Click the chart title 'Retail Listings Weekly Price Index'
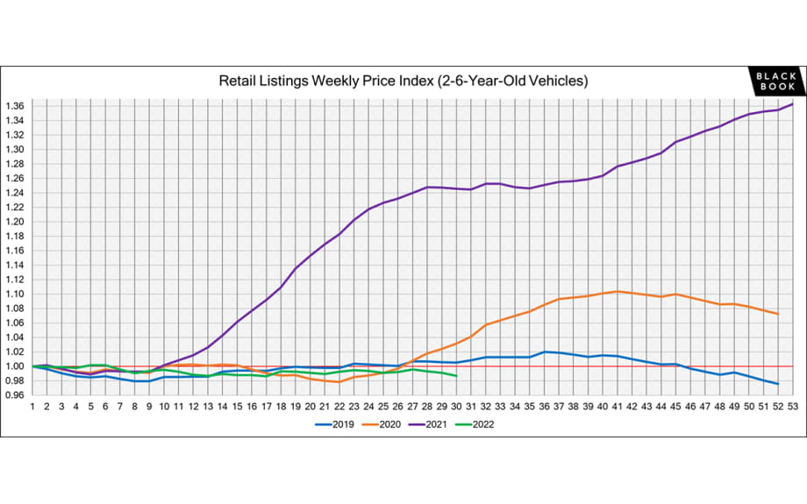click(403, 81)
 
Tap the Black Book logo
click(775, 82)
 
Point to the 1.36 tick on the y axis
click(16, 106)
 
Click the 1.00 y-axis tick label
click(16, 366)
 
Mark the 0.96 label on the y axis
click(16, 395)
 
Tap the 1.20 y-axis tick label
click(16, 222)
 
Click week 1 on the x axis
click(32, 407)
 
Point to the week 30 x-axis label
click(457, 407)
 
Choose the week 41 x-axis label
click(618, 407)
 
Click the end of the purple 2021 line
click(793, 104)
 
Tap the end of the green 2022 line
click(457, 376)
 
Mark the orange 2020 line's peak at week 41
click(618, 291)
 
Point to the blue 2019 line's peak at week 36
click(545, 351)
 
